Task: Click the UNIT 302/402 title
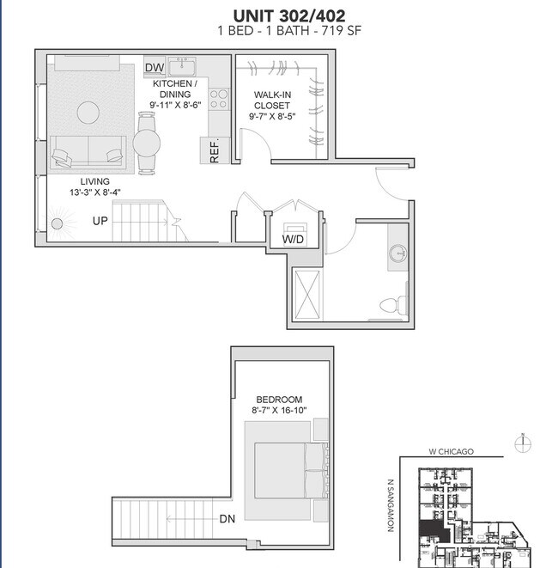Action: coord(279,15)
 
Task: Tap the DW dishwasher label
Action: coord(155,68)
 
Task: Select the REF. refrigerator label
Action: coord(215,150)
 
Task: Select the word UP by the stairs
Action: coord(100,221)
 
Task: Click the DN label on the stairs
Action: coord(227,518)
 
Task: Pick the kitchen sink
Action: coord(182,66)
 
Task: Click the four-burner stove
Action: coord(218,99)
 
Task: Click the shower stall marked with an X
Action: coord(306,294)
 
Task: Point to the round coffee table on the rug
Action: coord(88,112)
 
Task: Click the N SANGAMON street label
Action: coord(390,505)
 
